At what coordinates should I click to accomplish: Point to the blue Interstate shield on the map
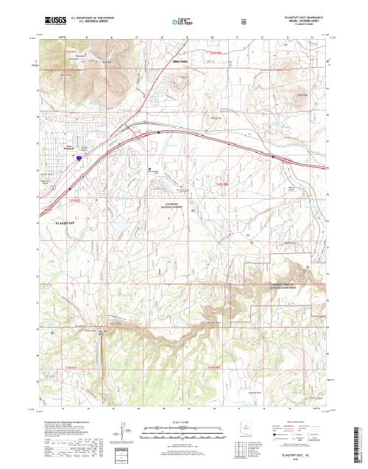(x=79, y=156)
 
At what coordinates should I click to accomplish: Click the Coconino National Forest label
(x=171, y=205)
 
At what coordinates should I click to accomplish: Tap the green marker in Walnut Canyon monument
(x=307, y=266)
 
